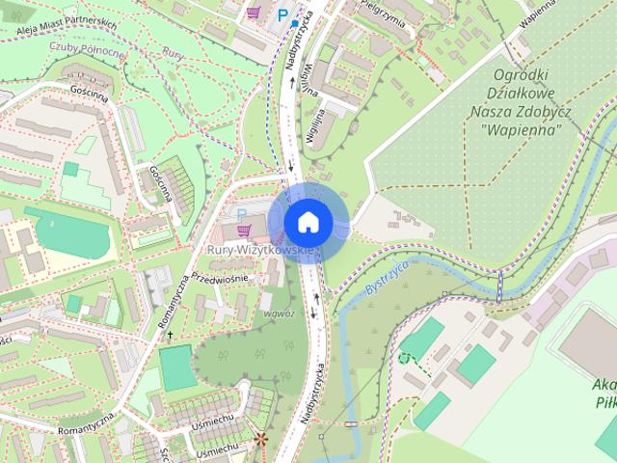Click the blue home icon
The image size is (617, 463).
click(307, 222)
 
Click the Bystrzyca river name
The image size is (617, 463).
click(389, 276)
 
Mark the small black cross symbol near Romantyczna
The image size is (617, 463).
click(171, 335)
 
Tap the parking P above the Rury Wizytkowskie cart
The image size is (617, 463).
click(242, 214)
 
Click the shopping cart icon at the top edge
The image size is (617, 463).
click(254, 12)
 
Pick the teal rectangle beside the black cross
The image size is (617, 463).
click(175, 367)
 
